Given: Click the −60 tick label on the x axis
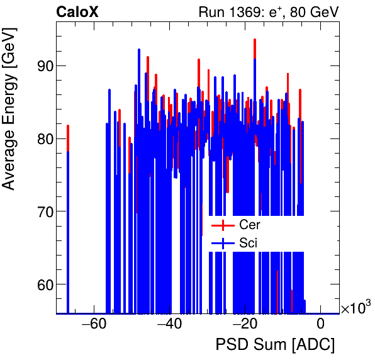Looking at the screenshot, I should click(93, 325).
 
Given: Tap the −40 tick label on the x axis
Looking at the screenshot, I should click(169, 325).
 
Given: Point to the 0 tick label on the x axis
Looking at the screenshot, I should click(320, 325).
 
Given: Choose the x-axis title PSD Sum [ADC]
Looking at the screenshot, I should click(275, 346).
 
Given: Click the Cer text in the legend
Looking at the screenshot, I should click(250, 225).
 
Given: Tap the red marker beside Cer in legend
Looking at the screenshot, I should click(223, 225).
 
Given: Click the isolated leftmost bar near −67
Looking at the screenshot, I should click(68, 220).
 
